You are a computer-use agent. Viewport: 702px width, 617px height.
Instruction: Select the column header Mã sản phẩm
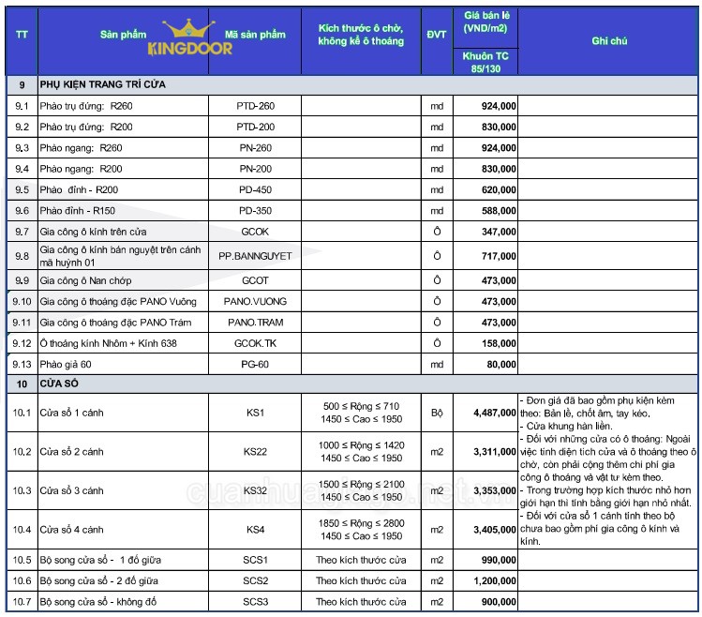255,35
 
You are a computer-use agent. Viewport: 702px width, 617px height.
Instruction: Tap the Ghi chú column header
609,41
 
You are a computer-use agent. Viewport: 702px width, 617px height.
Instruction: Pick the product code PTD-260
255,106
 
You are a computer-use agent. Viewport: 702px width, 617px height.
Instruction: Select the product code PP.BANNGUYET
255,255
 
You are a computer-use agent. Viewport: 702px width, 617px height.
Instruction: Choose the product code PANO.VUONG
255,302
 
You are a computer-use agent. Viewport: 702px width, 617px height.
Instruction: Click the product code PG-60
255,364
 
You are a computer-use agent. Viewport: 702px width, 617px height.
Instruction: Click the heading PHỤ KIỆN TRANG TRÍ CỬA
102,84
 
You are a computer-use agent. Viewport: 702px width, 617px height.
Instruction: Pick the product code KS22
255,452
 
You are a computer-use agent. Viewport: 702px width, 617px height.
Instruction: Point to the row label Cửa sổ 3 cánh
69,490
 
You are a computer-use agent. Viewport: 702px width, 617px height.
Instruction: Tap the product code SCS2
255,581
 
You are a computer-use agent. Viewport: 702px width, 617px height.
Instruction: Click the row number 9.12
22,343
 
